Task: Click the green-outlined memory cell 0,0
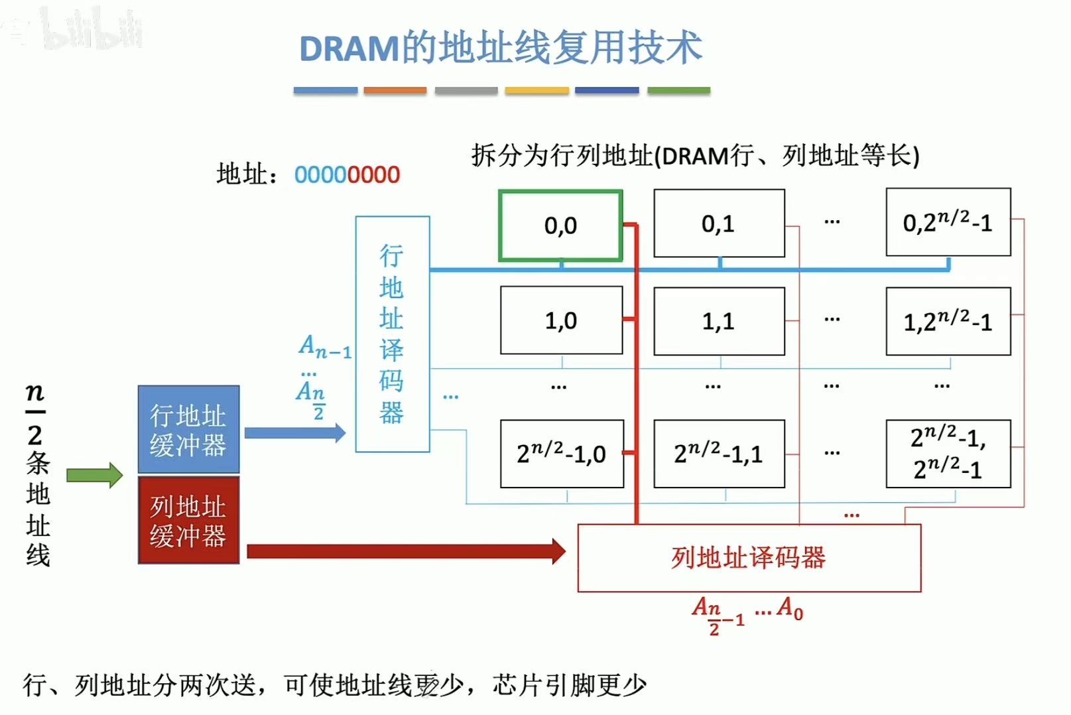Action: [x=560, y=226]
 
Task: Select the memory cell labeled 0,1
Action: [x=719, y=224]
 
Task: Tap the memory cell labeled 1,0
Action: [x=561, y=320]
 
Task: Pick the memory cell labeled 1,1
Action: [x=719, y=321]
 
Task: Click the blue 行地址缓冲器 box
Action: [x=188, y=429]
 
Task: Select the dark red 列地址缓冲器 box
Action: [x=188, y=521]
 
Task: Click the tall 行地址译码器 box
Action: [x=392, y=334]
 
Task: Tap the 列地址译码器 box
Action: [x=749, y=558]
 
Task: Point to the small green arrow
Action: [x=95, y=475]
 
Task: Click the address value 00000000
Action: [x=347, y=175]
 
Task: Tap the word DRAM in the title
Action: [x=349, y=49]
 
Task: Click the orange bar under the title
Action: [x=395, y=90]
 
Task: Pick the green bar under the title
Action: [x=678, y=90]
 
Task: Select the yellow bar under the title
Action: [x=536, y=90]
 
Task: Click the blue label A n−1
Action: [x=325, y=346]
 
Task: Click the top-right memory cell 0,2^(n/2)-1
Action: [x=948, y=223]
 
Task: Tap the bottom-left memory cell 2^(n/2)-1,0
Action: [x=561, y=454]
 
